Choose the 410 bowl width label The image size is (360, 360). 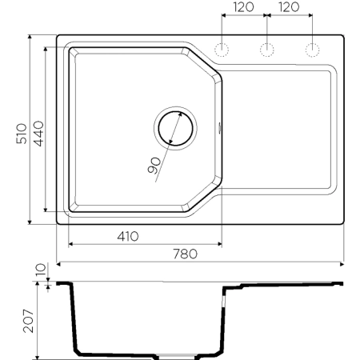click(x=128, y=236)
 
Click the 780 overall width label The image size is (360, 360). click(x=185, y=254)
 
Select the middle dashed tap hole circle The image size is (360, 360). click(x=266, y=51)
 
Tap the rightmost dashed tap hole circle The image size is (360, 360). click(x=310, y=51)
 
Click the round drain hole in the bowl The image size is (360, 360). click(x=174, y=128)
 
